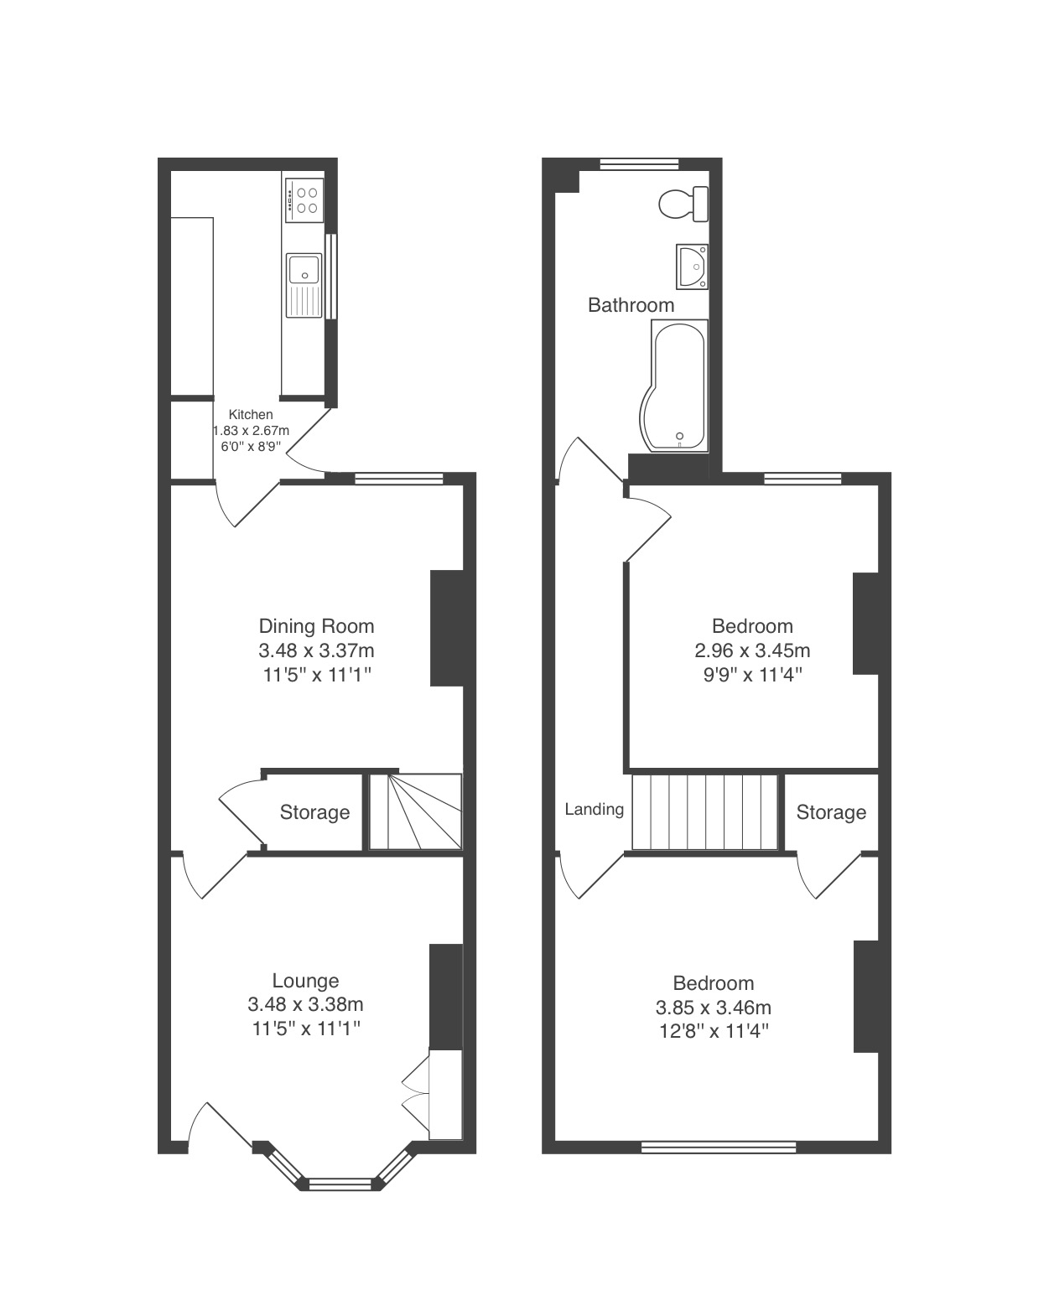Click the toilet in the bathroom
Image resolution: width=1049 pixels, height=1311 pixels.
tap(683, 204)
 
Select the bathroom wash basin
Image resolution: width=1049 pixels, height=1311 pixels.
tap(692, 267)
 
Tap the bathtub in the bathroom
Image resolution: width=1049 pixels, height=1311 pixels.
tap(674, 386)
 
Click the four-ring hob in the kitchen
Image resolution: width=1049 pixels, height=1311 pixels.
tap(304, 200)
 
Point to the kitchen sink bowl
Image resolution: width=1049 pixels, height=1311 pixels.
tap(304, 269)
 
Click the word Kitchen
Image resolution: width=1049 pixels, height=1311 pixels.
tap(251, 414)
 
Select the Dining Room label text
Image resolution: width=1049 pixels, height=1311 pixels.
tap(316, 625)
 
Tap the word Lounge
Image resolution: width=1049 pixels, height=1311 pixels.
tap(305, 980)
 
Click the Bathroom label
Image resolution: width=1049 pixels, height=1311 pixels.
tap(631, 304)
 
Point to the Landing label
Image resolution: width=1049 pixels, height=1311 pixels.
tap(595, 810)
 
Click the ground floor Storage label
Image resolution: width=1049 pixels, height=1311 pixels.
tap(314, 812)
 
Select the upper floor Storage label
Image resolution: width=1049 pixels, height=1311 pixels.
tap(831, 812)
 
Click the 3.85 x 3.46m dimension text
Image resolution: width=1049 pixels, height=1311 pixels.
tap(713, 1007)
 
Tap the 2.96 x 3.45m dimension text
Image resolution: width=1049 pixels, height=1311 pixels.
tap(752, 650)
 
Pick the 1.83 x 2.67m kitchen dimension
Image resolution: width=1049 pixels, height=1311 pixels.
tap(251, 430)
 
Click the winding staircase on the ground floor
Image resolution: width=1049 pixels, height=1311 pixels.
tap(416, 811)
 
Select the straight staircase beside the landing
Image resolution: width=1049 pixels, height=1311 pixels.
tap(705, 811)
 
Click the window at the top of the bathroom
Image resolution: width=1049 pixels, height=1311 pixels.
tap(640, 164)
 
